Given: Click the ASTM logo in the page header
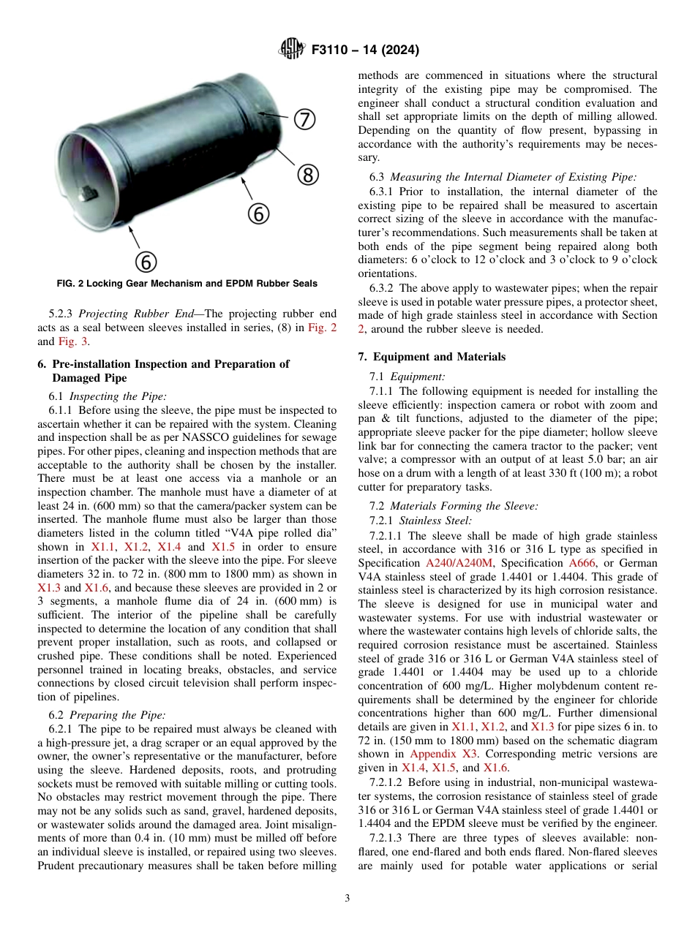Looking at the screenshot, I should pos(293,50).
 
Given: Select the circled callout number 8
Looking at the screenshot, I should pos(308,175).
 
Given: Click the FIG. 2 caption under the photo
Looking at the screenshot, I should pos(187,284).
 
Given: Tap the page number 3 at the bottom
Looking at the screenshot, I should pos(347,898).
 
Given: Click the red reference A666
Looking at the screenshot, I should pos(582,562).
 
